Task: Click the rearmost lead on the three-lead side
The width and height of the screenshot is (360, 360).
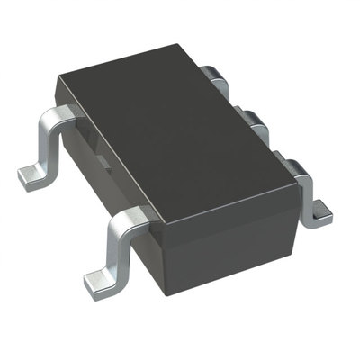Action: click(212, 74)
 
